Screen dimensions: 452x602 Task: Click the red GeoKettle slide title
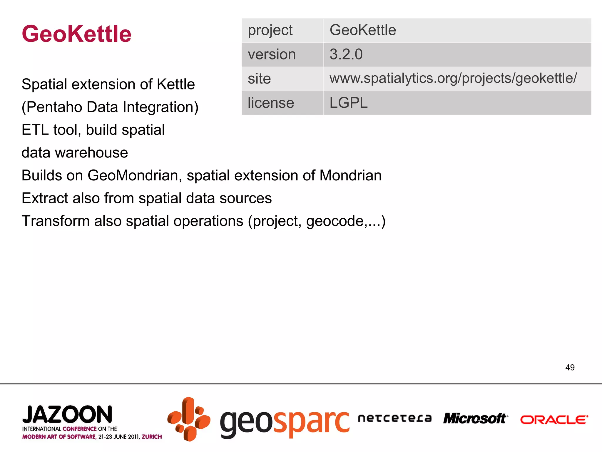pos(76,34)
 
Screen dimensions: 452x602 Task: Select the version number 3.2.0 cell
pos(346,54)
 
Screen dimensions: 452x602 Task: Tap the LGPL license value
pos(348,103)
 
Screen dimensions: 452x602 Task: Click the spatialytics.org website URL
pos(453,79)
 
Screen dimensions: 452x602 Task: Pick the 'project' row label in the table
pos(270,30)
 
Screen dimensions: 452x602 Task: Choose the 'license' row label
pos(271,103)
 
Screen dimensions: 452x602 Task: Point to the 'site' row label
pos(259,79)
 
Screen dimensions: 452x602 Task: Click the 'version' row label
pos(272,54)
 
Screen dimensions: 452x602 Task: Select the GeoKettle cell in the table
pos(363,30)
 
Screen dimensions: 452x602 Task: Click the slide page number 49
pos(570,367)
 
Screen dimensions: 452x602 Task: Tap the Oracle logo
pos(554,420)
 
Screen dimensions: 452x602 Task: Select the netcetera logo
pos(394,418)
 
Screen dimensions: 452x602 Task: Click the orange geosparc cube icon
pos(189,419)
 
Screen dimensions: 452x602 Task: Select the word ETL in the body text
pos(35,130)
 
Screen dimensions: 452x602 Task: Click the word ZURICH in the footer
pos(152,437)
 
